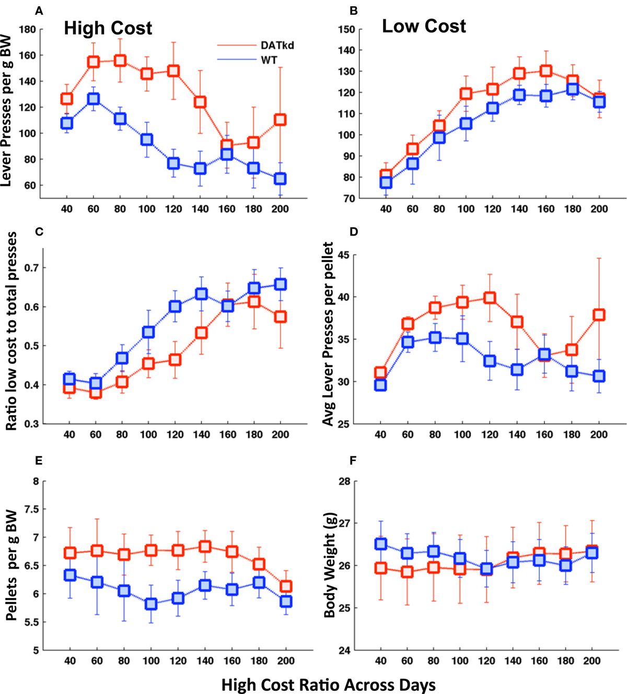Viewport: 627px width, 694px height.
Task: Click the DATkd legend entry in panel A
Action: (x=277, y=45)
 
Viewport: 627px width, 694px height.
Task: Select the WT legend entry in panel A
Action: (x=269, y=61)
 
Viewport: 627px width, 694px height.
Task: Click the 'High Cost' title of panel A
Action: (x=108, y=28)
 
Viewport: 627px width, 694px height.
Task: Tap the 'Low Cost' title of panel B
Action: (x=424, y=26)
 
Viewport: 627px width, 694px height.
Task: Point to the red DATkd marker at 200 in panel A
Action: (x=280, y=120)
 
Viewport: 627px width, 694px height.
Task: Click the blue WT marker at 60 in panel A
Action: (x=93, y=98)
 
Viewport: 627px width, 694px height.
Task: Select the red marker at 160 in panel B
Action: (x=545, y=70)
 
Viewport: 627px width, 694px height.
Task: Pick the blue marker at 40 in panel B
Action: (x=386, y=182)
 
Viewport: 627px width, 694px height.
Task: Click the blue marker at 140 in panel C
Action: (x=201, y=294)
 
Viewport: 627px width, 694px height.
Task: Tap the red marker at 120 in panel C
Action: (x=175, y=359)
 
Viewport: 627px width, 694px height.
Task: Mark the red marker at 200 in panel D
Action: (x=599, y=314)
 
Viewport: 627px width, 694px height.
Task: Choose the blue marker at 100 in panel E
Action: (x=151, y=604)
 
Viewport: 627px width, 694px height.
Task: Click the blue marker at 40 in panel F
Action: (x=380, y=544)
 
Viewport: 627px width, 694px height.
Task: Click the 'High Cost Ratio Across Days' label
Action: (x=328, y=684)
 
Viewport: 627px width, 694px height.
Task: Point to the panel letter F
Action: (x=353, y=460)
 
